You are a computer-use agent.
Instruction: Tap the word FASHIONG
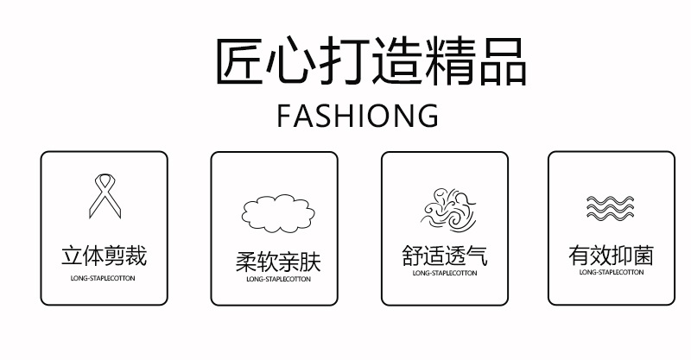358,116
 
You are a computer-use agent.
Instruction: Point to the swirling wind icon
443,208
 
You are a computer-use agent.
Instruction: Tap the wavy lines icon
611,208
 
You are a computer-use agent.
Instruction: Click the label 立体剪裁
104,256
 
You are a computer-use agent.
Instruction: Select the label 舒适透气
445,256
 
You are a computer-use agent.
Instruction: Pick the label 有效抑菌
611,256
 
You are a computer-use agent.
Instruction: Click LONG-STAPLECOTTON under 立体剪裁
103,279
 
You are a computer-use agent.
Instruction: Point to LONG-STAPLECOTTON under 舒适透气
444,273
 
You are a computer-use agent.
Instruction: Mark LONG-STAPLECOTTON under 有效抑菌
611,273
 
